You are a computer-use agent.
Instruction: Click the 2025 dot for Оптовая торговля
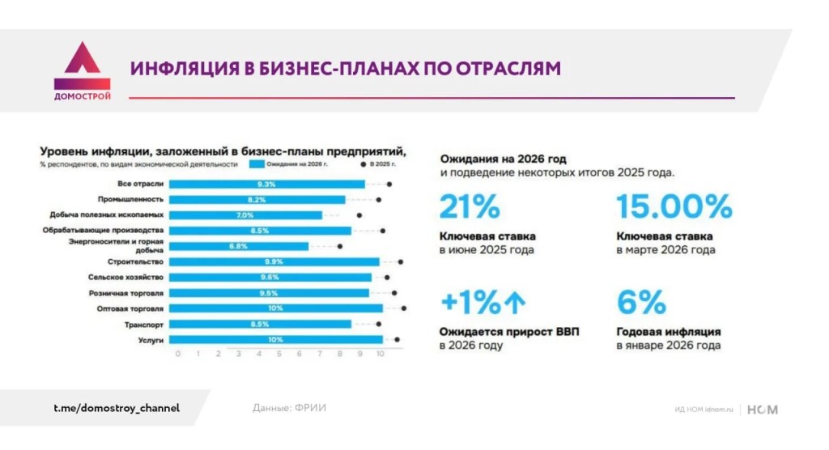click(x=403, y=308)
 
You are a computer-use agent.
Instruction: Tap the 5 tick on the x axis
click(x=279, y=354)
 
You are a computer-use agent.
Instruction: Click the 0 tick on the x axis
click(x=177, y=354)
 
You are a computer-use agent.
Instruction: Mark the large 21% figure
click(x=469, y=207)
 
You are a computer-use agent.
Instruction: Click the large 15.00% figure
click(x=674, y=207)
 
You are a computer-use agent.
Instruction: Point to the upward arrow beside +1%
click(x=515, y=303)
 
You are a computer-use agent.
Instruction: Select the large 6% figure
click(x=641, y=303)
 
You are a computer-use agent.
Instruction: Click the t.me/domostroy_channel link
click(x=111, y=408)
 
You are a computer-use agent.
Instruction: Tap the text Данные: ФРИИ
click(x=289, y=408)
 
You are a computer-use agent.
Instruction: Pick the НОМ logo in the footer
click(x=762, y=410)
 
